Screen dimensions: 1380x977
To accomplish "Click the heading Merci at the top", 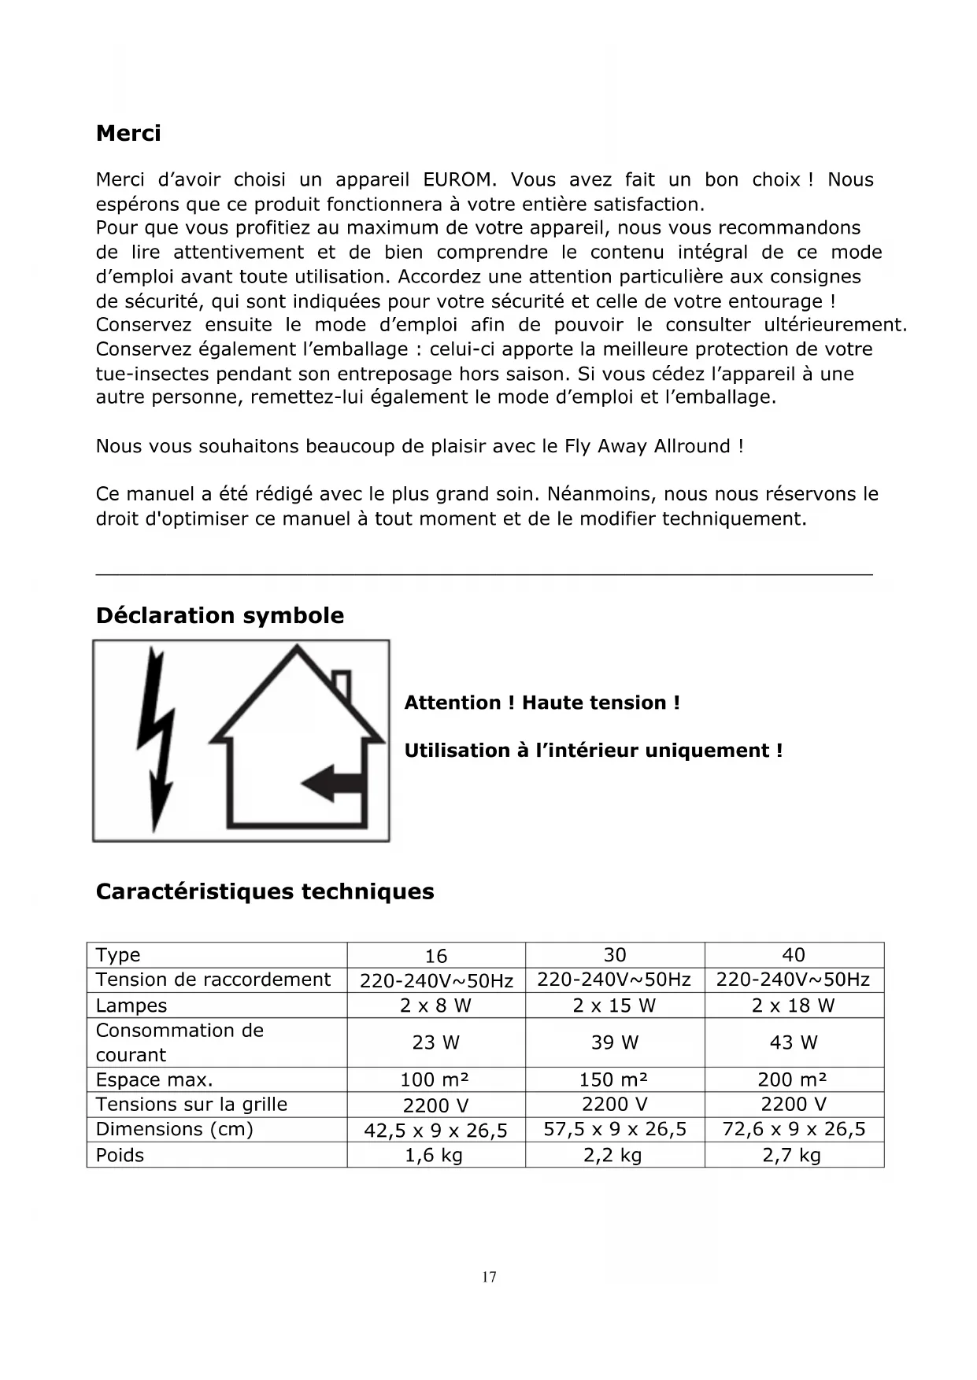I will pos(128,134).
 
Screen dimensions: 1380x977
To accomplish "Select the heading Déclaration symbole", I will pos(220,615).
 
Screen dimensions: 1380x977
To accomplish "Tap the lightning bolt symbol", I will pos(157,740).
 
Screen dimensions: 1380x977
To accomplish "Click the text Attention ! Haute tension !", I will pos(542,703).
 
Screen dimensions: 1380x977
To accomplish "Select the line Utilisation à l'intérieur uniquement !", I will pos(593,751).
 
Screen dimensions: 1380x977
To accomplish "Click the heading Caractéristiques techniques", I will pos(265,892).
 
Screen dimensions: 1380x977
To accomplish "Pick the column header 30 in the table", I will pos(614,955).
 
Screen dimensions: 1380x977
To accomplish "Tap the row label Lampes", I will pos(131,1005).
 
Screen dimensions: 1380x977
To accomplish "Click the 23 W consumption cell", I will pos(435,1042).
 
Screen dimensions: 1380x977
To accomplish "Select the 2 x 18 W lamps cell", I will pos(793,1005).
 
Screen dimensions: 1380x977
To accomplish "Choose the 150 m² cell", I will pos(614,1079).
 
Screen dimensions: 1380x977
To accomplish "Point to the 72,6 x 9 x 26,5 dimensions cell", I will pos(793,1130).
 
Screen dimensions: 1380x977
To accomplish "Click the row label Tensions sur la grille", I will pos(191,1105).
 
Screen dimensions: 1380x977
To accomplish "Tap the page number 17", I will pos(489,1277).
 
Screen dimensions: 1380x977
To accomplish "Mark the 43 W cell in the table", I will pos(793,1042).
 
